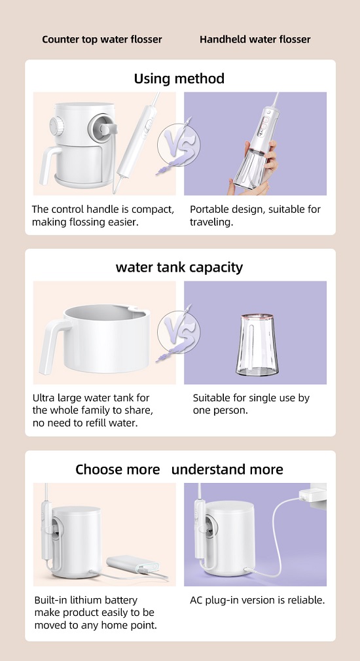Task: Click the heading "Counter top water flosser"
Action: click(x=102, y=40)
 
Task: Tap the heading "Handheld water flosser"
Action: click(x=255, y=40)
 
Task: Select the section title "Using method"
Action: click(x=179, y=79)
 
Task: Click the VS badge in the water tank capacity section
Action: click(x=178, y=333)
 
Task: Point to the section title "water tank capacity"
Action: click(x=179, y=267)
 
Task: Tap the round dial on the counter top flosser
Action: click(x=56, y=125)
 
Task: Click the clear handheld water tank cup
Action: click(x=255, y=344)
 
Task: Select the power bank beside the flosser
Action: click(x=133, y=564)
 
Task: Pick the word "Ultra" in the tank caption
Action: click(x=43, y=398)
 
